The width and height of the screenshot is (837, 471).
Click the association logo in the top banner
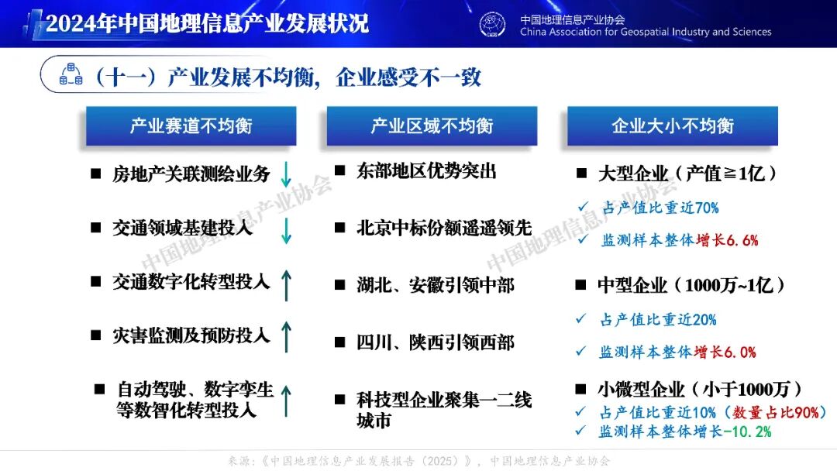click(492, 24)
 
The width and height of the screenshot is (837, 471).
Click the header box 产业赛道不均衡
click(191, 126)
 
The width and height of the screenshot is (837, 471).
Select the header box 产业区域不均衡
click(432, 126)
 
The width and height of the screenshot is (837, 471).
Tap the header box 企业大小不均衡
click(672, 126)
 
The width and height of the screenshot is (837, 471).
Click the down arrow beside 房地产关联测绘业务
click(286, 174)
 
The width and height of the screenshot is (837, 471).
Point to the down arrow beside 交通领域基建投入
click(286, 231)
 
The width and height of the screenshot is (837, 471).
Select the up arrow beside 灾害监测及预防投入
click(286, 338)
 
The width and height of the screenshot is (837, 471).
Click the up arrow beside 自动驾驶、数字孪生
click(286, 400)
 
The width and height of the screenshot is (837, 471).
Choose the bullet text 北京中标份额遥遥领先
click(444, 228)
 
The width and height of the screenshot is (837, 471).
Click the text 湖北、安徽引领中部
click(436, 285)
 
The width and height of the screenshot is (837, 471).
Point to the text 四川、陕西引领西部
click(436, 342)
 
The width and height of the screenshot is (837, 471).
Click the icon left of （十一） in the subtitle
click(71, 76)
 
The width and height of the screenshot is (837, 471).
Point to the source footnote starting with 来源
click(418, 461)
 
